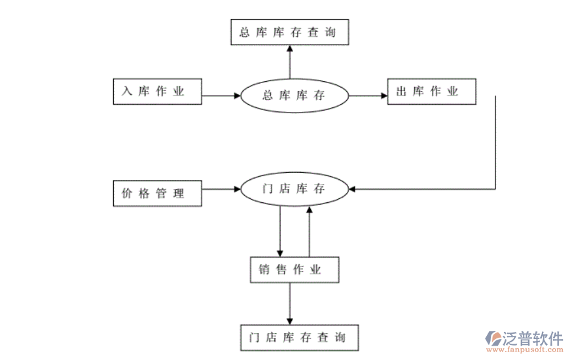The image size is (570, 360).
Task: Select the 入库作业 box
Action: point(157,92)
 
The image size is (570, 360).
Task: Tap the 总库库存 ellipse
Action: point(294,96)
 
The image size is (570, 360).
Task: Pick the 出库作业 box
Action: point(431,92)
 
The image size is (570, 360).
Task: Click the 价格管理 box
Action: point(157,193)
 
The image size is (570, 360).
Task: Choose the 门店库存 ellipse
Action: point(294,190)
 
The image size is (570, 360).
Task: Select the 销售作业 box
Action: point(294,270)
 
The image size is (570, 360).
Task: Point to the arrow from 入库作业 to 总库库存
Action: point(221,96)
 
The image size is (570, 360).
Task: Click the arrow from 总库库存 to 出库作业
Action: point(368,96)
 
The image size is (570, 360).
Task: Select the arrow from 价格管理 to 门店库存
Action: point(221,190)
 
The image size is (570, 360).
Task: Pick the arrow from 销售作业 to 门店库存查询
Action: point(290,304)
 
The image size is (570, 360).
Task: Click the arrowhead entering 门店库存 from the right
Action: point(353,190)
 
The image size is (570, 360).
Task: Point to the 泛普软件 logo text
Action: point(533,338)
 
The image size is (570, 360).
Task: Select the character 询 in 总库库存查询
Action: point(330,32)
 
